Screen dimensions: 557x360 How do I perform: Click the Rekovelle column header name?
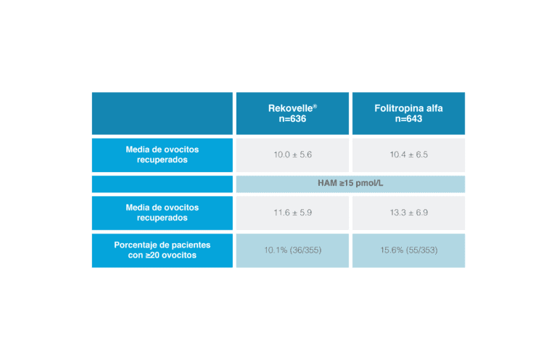[x=291, y=108]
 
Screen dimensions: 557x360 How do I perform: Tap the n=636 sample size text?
[x=292, y=119]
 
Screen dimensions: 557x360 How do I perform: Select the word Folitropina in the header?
[x=397, y=108]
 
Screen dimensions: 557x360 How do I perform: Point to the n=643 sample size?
[x=408, y=119]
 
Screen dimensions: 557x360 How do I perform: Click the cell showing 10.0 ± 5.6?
[x=292, y=155]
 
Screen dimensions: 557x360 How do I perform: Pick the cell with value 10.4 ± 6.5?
[x=408, y=155]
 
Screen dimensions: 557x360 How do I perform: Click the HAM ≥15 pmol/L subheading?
[x=350, y=183]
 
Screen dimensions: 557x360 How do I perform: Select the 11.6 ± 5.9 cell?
[x=292, y=213]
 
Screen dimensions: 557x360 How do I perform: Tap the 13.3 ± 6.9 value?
[x=408, y=213]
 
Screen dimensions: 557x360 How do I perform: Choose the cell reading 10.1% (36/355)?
[x=292, y=250]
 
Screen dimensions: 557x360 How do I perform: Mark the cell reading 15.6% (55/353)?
[x=408, y=250]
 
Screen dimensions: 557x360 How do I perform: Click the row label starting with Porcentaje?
[x=162, y=250]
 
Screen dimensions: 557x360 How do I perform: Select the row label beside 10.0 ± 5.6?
[x=162, y=155]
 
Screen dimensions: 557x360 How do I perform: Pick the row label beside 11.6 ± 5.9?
[x=162, y=213]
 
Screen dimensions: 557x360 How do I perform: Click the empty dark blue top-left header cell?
[x=162, y=113]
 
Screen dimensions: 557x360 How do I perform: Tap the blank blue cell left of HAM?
[x=162, y=184]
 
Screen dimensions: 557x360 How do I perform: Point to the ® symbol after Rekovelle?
[x=315, y=106]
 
